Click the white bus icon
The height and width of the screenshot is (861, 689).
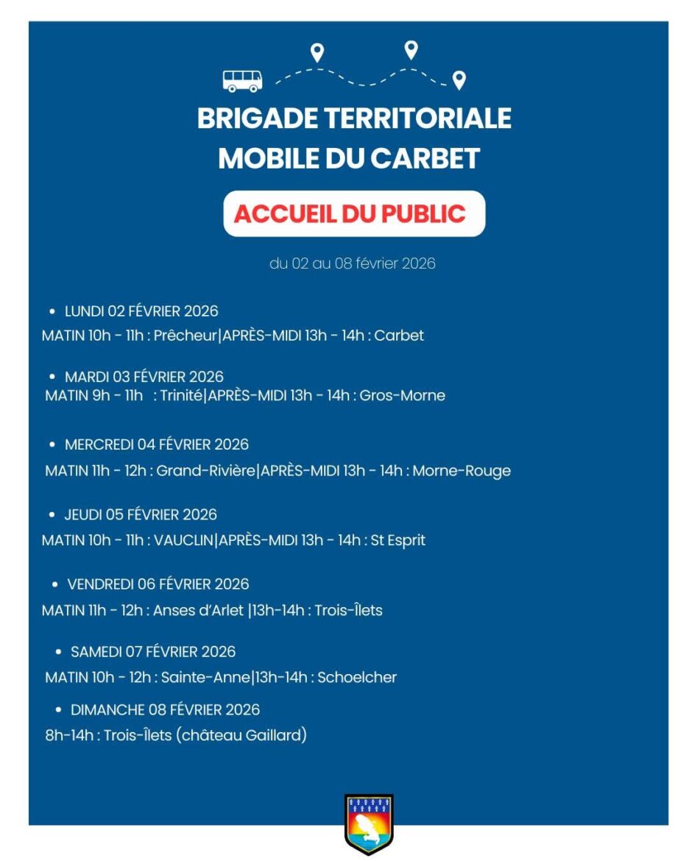[x=242, y=80]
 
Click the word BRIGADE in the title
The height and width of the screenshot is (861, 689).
[x=257, y=118]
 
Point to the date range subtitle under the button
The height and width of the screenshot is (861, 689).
[x=353, y=263]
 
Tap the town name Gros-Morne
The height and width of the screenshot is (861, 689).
[x=402, y=395]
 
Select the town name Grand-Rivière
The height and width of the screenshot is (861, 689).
[x=206, y=470]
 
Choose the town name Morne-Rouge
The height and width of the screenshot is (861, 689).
[x=462, y=470]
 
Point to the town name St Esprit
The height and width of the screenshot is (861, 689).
[x=397, y=540]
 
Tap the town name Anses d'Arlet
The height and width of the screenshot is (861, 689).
[x=198, y=610]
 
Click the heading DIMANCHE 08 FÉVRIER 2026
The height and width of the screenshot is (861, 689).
[x=165, y=709]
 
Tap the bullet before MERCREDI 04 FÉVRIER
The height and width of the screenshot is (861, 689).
[x=52, y=444]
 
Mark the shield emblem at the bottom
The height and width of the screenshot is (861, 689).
[x=369, y=823]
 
